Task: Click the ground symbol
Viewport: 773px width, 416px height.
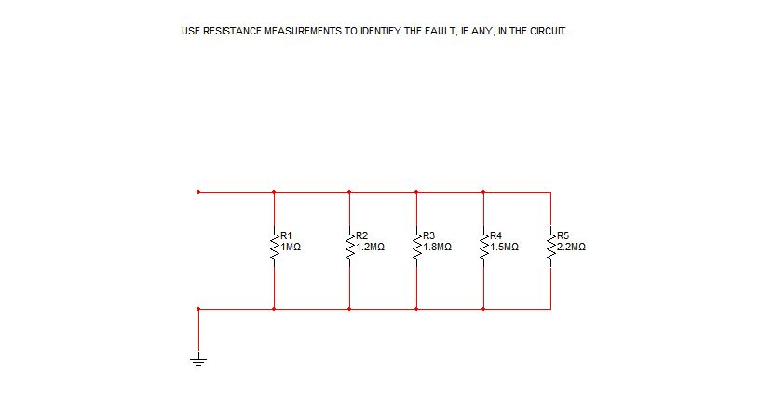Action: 198,358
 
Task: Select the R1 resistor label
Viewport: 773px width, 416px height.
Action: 286,235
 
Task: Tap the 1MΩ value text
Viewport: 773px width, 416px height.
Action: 291,248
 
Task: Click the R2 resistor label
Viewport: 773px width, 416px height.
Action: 362,235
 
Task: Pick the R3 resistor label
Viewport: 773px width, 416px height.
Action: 429,235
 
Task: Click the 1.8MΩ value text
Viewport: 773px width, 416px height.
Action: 438,248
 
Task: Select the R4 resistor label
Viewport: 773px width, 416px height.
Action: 496,235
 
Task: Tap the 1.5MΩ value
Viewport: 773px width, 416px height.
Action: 505,248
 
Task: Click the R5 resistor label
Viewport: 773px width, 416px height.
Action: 563,235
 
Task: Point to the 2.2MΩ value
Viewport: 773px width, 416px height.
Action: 571,248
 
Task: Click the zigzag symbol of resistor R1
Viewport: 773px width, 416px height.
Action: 274,248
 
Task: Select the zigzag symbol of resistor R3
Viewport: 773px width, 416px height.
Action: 416,248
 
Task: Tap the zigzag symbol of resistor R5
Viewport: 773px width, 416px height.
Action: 550,248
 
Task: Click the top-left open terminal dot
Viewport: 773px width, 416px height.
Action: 198,193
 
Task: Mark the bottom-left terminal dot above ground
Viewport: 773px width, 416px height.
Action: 198,309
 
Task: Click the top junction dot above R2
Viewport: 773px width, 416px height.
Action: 349,193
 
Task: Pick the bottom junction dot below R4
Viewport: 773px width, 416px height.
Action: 483,309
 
